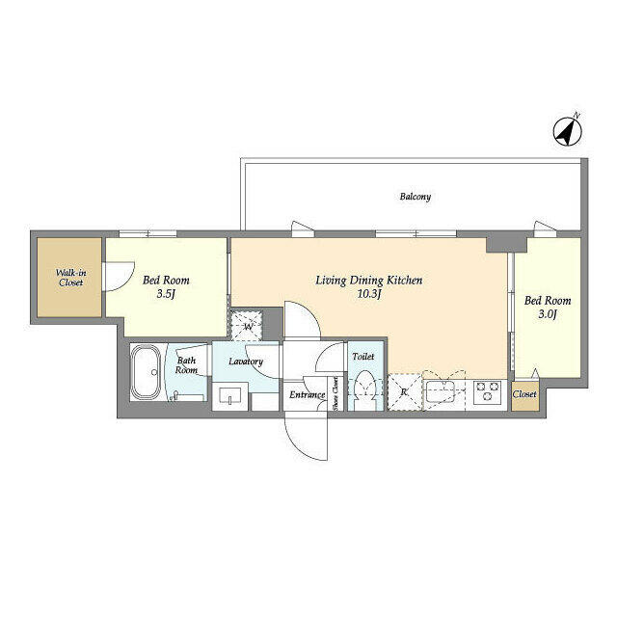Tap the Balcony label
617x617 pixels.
click(x=416, y=197)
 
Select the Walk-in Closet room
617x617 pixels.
click(x=68, y=277)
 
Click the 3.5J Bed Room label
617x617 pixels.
click(x=160, y=287)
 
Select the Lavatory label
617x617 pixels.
click(x=246, y=362)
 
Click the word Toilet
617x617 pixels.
click(x=363, y=357)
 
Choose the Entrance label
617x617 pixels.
click(x=307, y=395)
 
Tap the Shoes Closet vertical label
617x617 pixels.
click(x=335, y=393)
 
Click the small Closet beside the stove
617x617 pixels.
click(x=525, y=394)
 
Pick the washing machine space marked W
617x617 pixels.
click(x=249, y=325)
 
